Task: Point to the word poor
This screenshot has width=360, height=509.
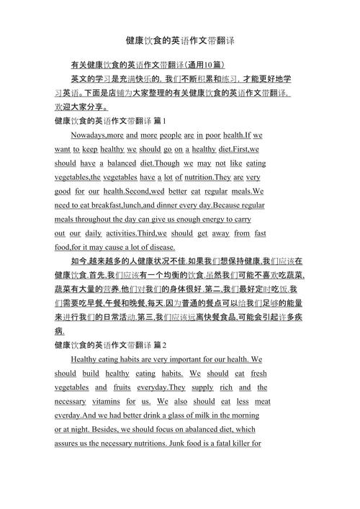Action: [213, 135]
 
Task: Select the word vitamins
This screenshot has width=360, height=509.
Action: [106, 401]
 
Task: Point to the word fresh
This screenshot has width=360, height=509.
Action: [258, 374]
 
